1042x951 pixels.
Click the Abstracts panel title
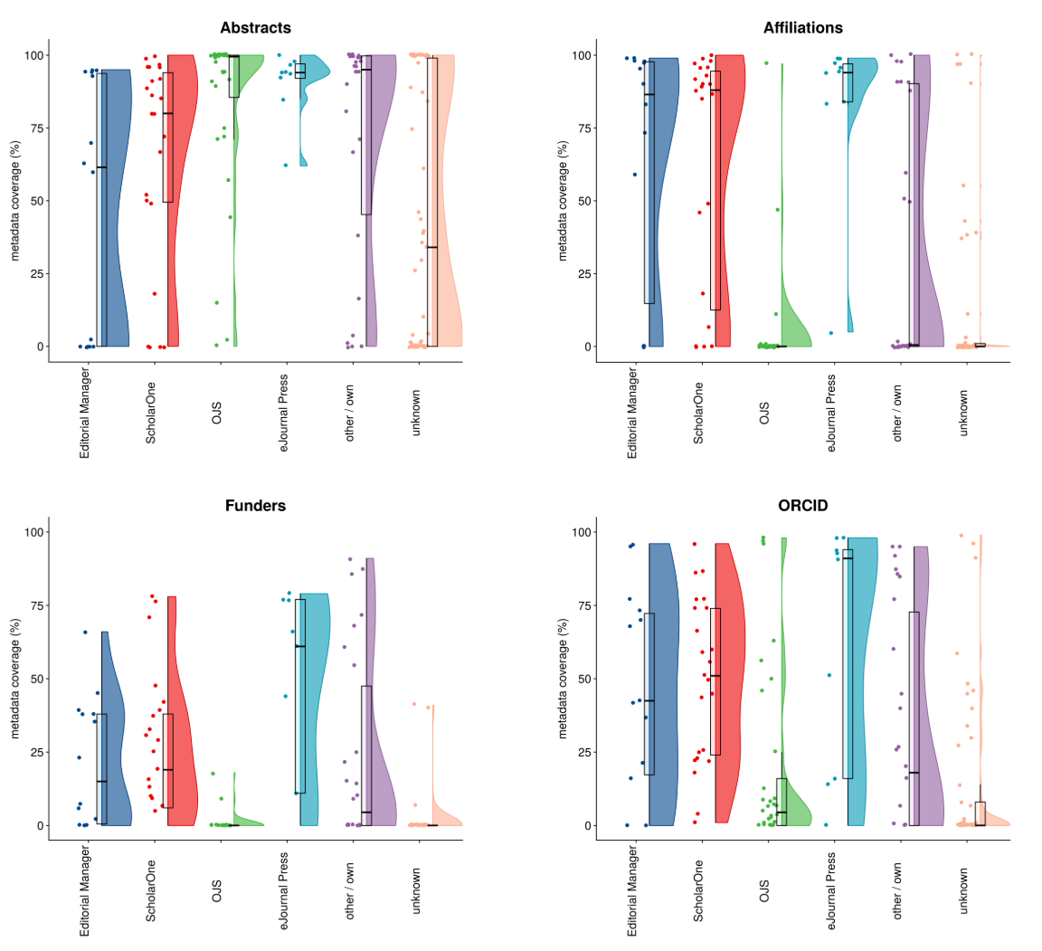point(255,28)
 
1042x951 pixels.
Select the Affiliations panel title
point(802,28)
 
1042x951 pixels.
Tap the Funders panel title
point(255,506)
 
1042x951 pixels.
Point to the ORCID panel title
point(802,506)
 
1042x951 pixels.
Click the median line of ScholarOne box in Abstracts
point(167,113)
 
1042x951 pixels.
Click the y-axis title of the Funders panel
point(15,679)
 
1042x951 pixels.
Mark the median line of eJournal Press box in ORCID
point(848,558)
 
